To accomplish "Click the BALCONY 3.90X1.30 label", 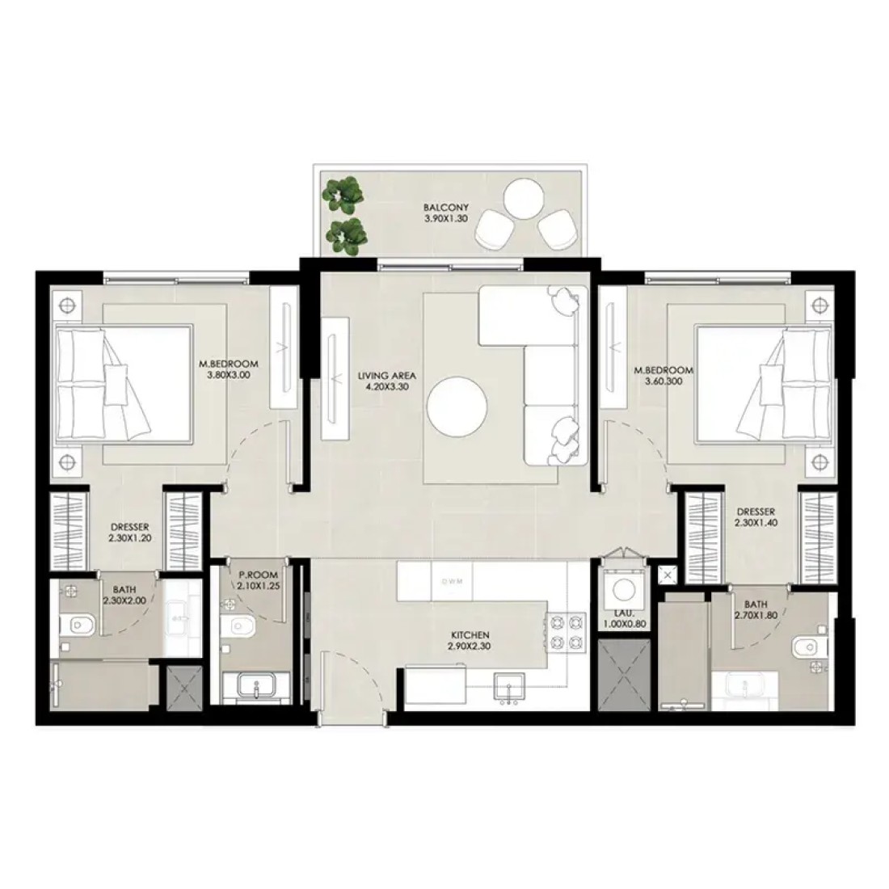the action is point(446,213).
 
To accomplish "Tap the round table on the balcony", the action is point(524,199).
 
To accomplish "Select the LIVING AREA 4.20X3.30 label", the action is point(387,381).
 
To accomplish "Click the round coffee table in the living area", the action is point(457,407).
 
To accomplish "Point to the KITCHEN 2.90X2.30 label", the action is point(470,641).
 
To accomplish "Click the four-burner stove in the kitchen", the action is point(565,631).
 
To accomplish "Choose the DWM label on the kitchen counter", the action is point(452,581).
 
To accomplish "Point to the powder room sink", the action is point(256,685).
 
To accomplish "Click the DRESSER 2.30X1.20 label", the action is point(130,533).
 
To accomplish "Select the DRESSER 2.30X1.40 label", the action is point(756,517).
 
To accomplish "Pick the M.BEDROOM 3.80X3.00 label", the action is point(229,369).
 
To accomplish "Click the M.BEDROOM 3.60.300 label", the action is point(664,376).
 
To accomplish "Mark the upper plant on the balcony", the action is point(343,191).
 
